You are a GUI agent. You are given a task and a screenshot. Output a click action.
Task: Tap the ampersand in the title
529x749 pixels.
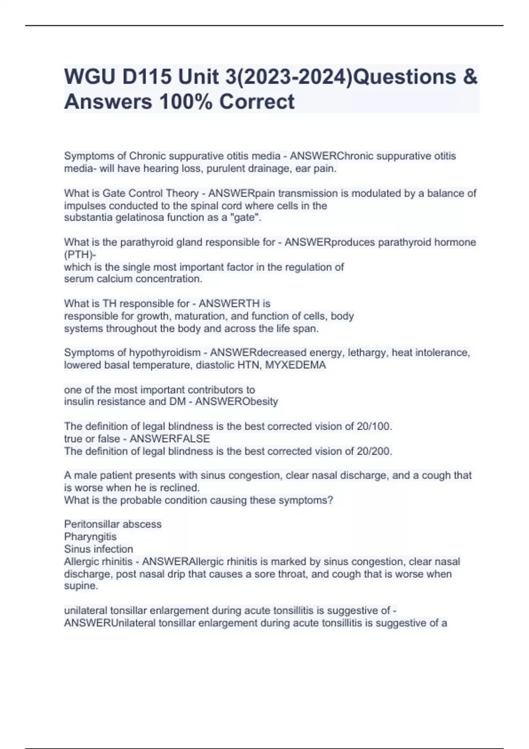tap(470, 77)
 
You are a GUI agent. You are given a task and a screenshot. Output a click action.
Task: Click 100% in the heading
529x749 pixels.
tap(186, 101)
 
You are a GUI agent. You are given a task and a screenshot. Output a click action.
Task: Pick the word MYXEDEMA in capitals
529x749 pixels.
tap(295, 365)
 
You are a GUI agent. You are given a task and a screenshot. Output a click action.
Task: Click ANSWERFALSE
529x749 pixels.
tap(170, 439)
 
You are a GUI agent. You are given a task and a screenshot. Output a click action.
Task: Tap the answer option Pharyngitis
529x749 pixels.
tap(90, 537)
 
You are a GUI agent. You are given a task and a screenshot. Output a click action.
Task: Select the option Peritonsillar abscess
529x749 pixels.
tap(113, 524)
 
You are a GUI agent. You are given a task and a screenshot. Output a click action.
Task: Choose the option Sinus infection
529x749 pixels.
tap(98, 549)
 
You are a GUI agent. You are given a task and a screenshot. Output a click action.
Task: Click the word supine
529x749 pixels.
tap(81, 586)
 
